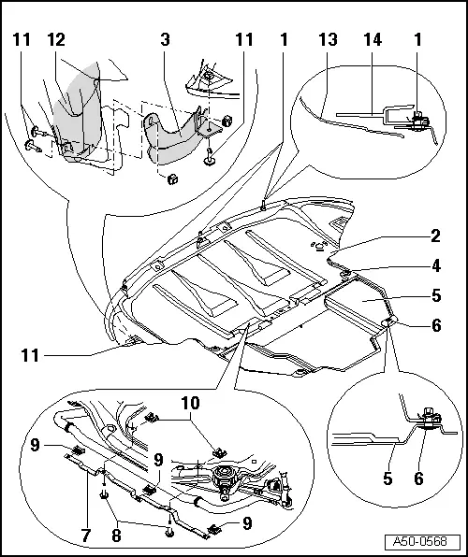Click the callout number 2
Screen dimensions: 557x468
435,236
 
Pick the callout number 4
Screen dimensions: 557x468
435,264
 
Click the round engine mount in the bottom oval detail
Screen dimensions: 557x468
224,482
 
